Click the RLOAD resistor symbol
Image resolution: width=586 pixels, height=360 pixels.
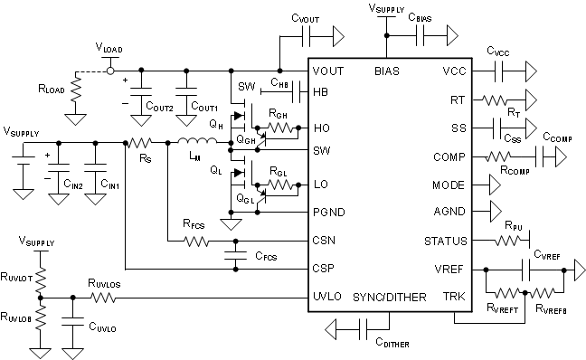(x=76, y=89)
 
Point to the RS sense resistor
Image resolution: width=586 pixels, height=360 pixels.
(x=139, y=142)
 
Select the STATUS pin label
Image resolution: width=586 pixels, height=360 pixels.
(x=445, y=242)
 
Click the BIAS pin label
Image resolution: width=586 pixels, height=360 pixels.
(x=386, y=71)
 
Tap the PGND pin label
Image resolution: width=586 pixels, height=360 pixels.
(x=327, y=213)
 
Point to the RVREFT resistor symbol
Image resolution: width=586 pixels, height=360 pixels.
(x=506, y=294)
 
